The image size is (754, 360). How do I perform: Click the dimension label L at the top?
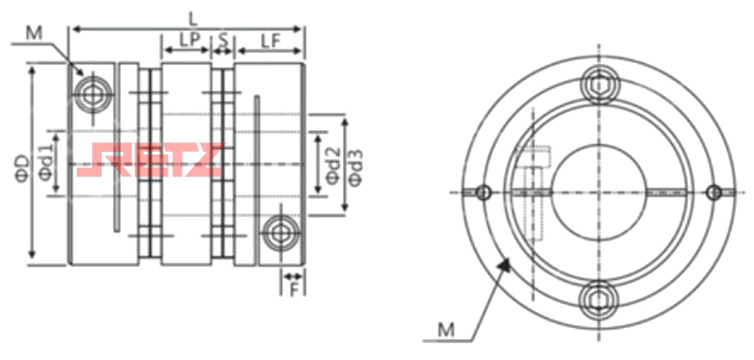(193, 18)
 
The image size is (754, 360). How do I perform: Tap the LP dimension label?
(189, 41)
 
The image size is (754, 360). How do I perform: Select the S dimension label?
(223, 41)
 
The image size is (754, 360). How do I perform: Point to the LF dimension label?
(270, 41)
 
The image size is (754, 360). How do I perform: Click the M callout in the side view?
(34, 33)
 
